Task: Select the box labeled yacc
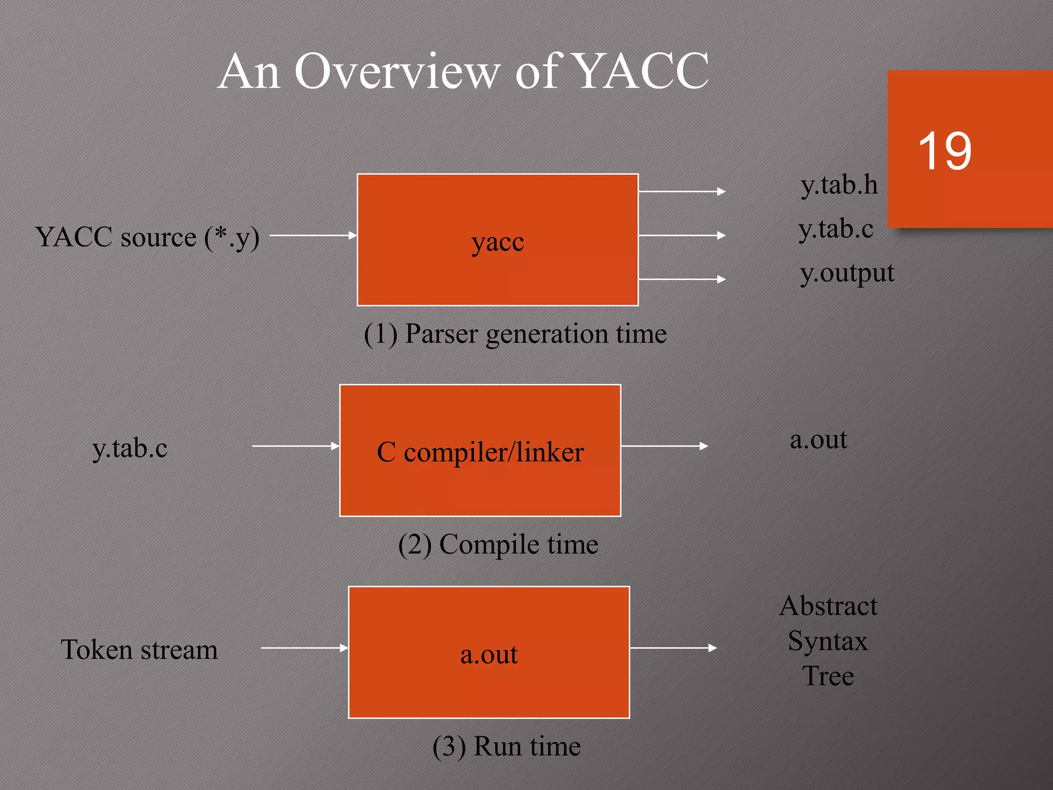pyautogui.click(x=497, y=240)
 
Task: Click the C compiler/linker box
pyautogui.click(x=480, y=451)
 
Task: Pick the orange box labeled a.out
pyautogui.click(x=488, y=652)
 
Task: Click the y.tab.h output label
pyautogui.click(x=839, y=185)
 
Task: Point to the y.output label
pyautogui.click(x=847, y=273)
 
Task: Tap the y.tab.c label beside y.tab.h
pyautogui.click(x=836, y=229)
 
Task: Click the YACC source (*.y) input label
pyautogui.click(x=147, y=237)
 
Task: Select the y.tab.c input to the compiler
pyautogui.click(x=130, y=448)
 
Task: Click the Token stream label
pyautogui.click(x=139, y=650)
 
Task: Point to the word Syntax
pyautogui.click(x=827, y=641)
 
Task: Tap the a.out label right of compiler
pyautogui.click(x=818, y=439)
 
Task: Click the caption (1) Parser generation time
pyautogui.click(x=515, y=334)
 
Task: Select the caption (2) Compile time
pyautogui.click(x=498, y=544)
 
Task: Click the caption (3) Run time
pyautogui.click(x=506, y=746)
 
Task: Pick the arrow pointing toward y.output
pyautogui.click(x=681, y=279)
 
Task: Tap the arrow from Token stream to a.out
pyautogui.click(x=304, y=648)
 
